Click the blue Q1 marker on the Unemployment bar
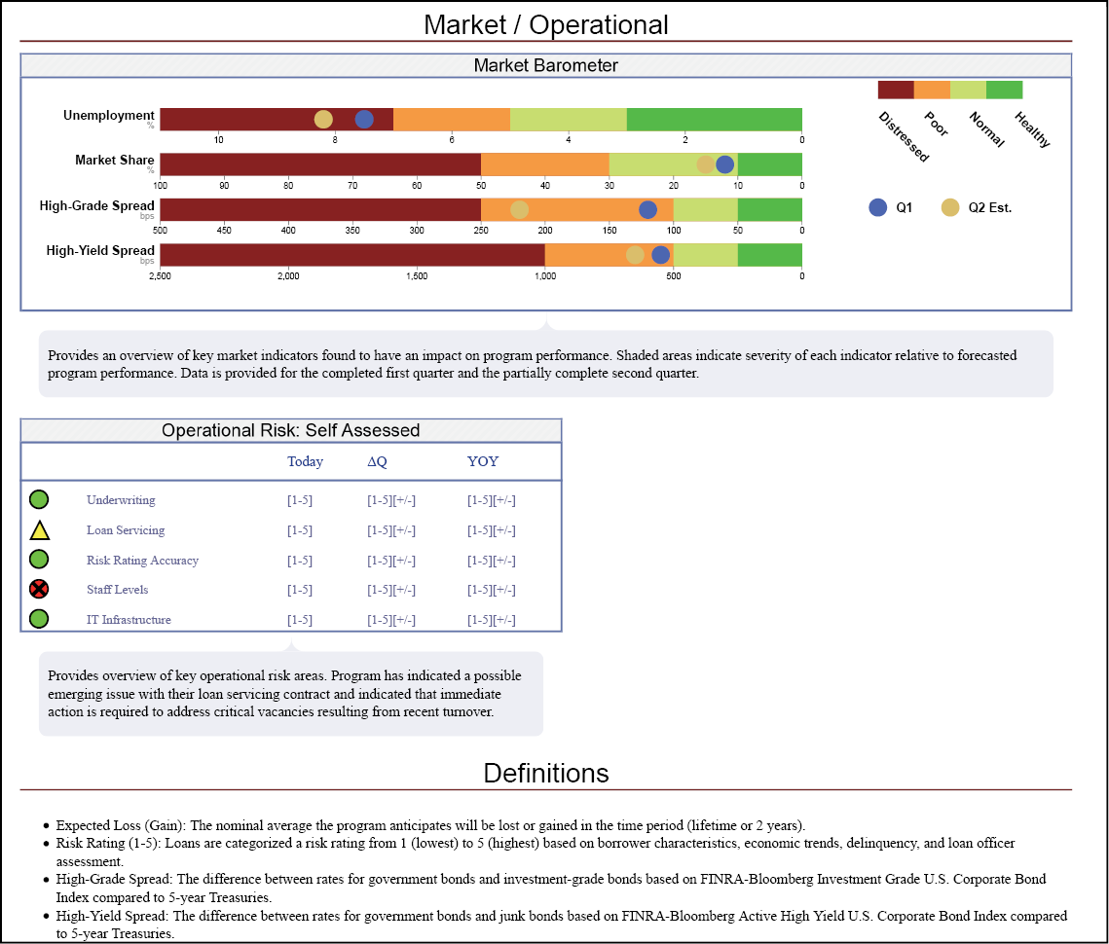click(364, 120)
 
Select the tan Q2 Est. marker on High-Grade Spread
click(520, 210)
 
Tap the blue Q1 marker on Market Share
click(725, 164)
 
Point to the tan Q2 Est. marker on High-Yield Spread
click(635, 255)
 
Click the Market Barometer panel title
click(545, 66)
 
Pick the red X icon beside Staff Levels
click(39, 589)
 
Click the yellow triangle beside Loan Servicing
click(39, 530)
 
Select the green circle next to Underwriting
click(39, 500)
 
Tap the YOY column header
click(482, 461)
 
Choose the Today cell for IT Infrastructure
click(300, 620)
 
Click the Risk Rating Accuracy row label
click(142, 561)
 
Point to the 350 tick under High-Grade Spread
click(352, 231)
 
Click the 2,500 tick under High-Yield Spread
click(160, 276)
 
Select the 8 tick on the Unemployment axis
click(335, 139)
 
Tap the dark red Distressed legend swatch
click(896, 90)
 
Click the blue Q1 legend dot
click(878, 207)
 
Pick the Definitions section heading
click(546, 773)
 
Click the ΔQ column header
click(377, 461)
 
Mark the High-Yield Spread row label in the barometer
click(100, 251)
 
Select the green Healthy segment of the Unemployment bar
click(714, 119)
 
